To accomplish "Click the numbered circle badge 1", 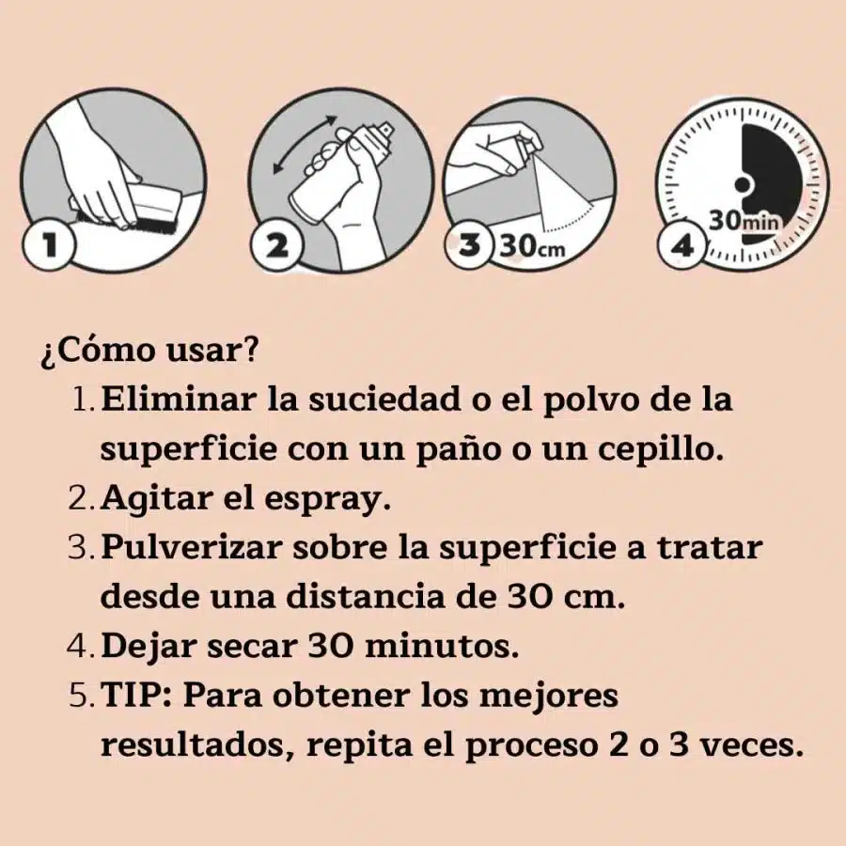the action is pos(50,244).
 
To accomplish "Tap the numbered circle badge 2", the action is pos(277,246).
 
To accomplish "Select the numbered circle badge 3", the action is pos(469,245).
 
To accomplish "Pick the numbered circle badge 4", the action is pos(682,245).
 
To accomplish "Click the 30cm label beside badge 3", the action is pos(533,246).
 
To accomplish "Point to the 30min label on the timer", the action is pos(744,221).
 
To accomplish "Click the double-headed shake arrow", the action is pos(305,145).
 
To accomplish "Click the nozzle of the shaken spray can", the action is pos(387,130).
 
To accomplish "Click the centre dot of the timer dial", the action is pos(743,185).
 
